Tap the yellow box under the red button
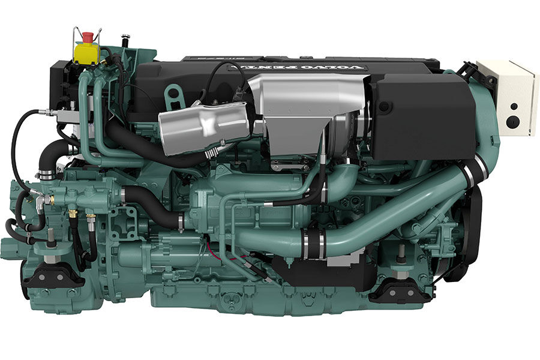[x=86, y=52]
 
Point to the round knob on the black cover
[x=383, y=107]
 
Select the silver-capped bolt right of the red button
[x=125, y=40]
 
